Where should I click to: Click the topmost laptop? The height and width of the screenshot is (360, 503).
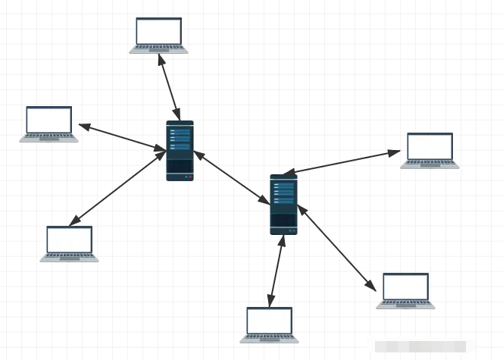pyautogui.click(x=158, y=35)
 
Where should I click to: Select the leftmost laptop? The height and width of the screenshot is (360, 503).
pyautogui.click(x=48, y=124)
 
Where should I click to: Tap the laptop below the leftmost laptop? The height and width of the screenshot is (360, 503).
pyautogui.click(x=69, y=244)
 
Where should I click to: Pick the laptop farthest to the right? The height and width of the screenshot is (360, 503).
pyautogui.click(x=430, y=150)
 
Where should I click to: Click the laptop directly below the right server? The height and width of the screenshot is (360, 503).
pyautogui.click(x=270, y=325)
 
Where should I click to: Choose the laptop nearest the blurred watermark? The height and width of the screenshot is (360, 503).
pyautogui.click(x=405, y=291)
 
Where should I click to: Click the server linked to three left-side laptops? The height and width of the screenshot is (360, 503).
pyautogui.click(x=180, y=150)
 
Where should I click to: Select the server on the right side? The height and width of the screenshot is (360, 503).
pyautogui.click(x=283, y=204)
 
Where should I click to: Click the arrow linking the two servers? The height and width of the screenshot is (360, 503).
pyautogui.click(x=232, y=177)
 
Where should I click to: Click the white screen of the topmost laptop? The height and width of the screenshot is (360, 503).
pyautogui.click(x=159, y=31)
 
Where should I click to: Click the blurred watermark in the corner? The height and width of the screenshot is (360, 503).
pyautogui.click(x=432, y=348)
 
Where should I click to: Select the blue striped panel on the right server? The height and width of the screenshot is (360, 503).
pyautogui.click(x=283, y=193)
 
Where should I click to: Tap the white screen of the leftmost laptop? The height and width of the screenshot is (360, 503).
pyautogui.click(x=49, y=120)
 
